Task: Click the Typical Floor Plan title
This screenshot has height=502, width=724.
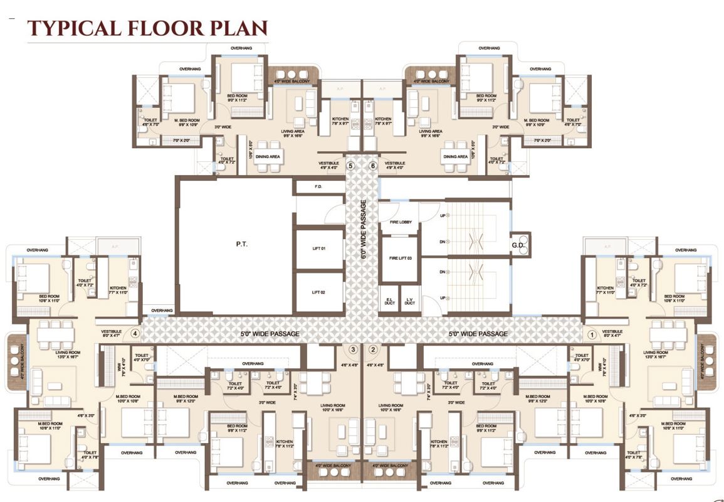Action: (147, 28)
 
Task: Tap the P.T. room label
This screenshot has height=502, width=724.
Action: (241, 243)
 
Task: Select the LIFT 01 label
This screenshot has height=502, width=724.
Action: (318, 248)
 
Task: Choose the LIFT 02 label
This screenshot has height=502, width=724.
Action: (318, 292)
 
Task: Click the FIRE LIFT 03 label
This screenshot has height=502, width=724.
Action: (401, 258)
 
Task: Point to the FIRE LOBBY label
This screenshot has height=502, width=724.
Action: (401, 222)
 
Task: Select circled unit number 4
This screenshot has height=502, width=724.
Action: (134, 334)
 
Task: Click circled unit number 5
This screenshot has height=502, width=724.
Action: (350, 166)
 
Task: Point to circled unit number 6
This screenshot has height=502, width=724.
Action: (373, 166)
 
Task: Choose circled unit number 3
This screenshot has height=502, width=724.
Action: (353, 350)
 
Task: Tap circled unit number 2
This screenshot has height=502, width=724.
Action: (373, 350)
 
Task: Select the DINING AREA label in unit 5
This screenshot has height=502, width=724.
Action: (267, 156)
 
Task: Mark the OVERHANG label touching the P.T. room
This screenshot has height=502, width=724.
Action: (162, 310)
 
